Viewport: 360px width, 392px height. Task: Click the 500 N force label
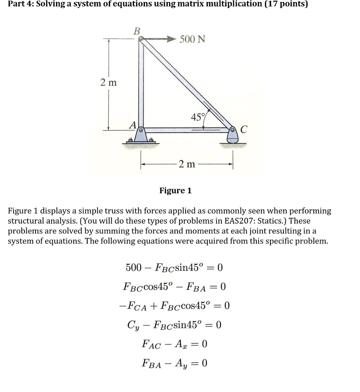point(192,39)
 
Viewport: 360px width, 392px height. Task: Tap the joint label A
point(132,124)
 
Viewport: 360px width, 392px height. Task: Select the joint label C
point(244,130)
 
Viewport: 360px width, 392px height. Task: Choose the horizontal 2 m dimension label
point(187,164)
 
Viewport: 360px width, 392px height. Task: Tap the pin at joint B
point(141,39)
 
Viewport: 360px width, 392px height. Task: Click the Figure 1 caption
point(175,190)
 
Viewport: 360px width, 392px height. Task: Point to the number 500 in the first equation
point(134,267)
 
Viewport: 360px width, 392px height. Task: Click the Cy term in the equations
point(133,325)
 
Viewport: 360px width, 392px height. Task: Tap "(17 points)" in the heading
point(283,4)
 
